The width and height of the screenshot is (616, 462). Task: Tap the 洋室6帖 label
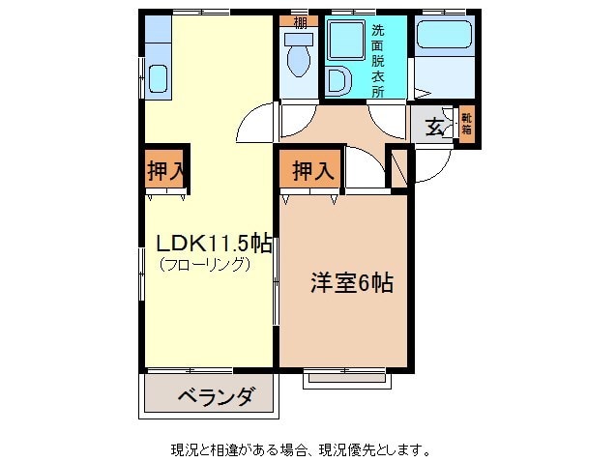pyautogui.click(x=351, y=283)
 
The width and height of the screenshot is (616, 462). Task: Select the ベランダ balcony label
pyautogui.click(x=216, y=395)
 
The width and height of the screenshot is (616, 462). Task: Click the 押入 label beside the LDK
pyautogui.click(x=165, y=172)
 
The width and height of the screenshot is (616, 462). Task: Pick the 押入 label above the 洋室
pyautogui.click(x=313, y=172)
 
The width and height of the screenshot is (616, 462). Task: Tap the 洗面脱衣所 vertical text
pyautogui.click(x=378, y=60)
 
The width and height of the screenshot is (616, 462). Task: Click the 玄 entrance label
pyautogui.click(x=435, y=126)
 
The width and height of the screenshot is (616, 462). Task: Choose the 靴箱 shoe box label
pyautogui.click(x=466, y=123)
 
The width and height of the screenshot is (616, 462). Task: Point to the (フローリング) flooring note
pyautogui.click(x=204, y=264)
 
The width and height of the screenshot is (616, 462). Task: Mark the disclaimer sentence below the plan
pyautogui.click(x=300, y=449)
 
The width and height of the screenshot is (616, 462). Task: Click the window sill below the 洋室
pyautogui.click(x=347, y=379)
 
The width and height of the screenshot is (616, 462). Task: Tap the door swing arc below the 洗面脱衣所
pyautogui.click(x=387, y=124)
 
